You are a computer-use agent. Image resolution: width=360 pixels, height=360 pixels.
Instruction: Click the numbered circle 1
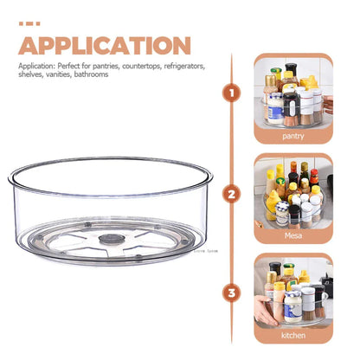(231, 92)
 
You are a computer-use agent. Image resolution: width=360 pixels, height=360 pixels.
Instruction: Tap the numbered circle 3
(231, 292)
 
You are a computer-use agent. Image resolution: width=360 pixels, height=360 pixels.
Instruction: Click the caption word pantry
(292, 136)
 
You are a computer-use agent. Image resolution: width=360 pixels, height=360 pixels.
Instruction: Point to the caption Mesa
(292, 235)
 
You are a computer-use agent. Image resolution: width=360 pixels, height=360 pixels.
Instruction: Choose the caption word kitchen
(292, 334)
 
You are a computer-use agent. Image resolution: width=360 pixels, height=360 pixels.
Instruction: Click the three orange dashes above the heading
(29, 23)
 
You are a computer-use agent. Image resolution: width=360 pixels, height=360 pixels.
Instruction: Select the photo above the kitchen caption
(292, 291)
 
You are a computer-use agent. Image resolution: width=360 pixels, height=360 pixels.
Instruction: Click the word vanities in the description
(59, 74)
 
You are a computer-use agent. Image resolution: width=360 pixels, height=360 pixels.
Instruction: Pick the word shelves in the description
(31, 74)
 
